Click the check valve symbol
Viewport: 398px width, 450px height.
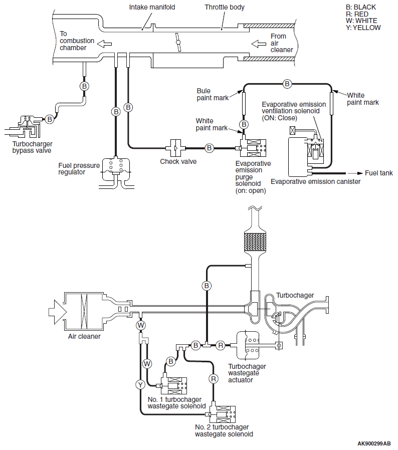(175, 148)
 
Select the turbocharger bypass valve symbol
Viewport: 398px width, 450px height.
(24, 127)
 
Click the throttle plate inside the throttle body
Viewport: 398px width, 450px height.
(178, 43)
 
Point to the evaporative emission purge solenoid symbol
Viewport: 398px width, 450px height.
(253, 148)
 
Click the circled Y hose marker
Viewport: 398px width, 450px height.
(140, 384)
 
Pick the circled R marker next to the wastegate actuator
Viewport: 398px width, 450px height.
(221, 345)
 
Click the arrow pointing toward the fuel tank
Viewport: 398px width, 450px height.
(355, 173)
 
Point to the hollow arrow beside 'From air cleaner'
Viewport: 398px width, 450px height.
(259, 44)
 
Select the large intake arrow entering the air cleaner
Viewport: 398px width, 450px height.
(58, 312)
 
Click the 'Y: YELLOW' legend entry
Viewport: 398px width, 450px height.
(363, 28)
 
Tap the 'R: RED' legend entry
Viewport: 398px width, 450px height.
(357, 14)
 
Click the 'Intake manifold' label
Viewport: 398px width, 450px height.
(152, 7)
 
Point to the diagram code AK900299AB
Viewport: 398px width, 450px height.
(374, 443)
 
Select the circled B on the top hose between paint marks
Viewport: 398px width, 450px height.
(287, 84)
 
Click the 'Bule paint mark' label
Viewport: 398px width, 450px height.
(213, 94)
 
